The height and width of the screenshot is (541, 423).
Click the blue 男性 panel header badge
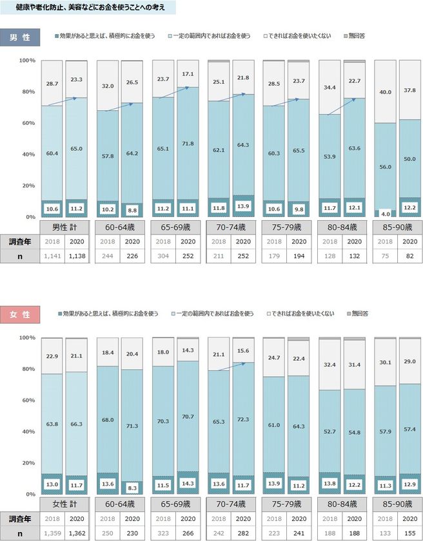pyautogui.click(x=19, y=35)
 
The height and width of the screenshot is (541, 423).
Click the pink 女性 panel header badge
pyautogui.click(x=19, y=314)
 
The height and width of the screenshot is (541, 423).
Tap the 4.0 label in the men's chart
pyautogui.click(x=385, y=213)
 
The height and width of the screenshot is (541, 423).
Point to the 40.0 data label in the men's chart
pyautogui.click(x=385, y=91)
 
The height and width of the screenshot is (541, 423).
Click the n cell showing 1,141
pyautogui.click(x=52, y=256)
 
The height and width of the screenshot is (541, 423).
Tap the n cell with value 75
pyautogui.click(x=385, y=256)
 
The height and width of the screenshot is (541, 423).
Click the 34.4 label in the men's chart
pyautogui.click(x=329, y=87)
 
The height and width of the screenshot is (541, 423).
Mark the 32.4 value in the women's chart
pyautogui.click(x=329, y=365)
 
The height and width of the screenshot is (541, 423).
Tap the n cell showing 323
pyautogui.click(x=164, y=533)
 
